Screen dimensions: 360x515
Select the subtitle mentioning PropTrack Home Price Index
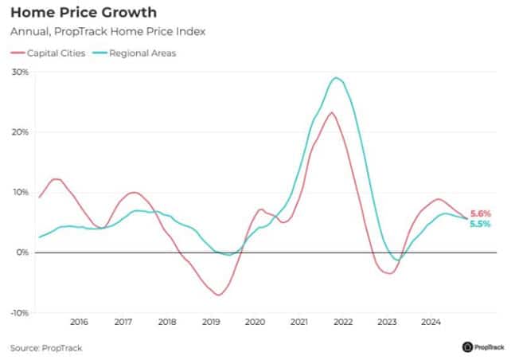(107, 32)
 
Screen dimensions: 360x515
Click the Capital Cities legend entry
(53, 53)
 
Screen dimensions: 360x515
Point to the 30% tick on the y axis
(20, 72)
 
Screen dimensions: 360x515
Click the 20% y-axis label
(20, 132)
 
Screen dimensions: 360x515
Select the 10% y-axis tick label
(20, 192)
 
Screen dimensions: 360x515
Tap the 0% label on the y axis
(22, 252)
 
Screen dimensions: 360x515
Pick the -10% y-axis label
(18, 313)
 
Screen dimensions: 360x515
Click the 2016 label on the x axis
(79, 322)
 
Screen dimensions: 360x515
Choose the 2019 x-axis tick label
(211, 322)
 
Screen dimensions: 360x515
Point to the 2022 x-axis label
(343, 322)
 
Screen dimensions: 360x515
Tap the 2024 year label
(431, 322)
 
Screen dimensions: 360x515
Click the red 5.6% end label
(480, 213)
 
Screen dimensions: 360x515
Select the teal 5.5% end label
(480, 225)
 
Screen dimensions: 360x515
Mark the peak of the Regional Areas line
(337, 78)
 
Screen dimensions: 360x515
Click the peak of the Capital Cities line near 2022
(331, 112)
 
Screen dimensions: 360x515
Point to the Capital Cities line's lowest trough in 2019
(217, 295)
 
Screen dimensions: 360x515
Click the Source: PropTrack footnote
(46, 348)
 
